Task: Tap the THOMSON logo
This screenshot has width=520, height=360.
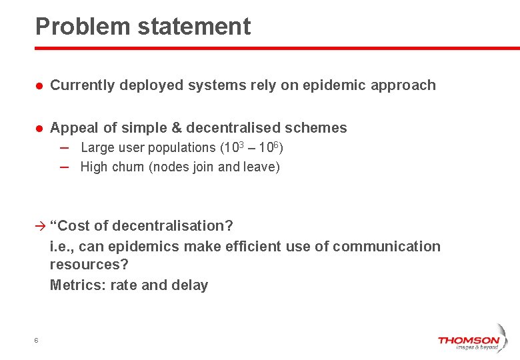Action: click(468, 342)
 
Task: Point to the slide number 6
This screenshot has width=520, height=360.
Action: click(36, 341)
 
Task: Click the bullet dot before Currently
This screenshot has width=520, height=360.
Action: click(39, 86)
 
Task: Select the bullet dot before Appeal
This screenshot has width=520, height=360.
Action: click(39, 128)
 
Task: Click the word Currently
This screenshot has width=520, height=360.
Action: click(85, 85)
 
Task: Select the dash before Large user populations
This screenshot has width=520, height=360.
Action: click(63, 147)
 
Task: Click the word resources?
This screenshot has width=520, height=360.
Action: click(89, 265)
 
